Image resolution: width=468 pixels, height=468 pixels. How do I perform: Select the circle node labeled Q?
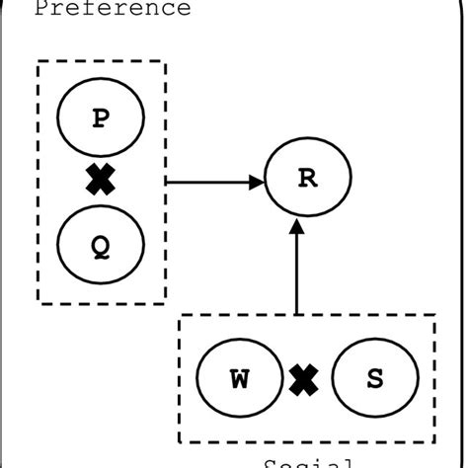click(x=101, y=247)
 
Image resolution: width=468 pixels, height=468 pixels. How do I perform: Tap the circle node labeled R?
click(x=309, y=181)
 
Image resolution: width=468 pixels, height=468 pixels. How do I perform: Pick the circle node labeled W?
click(x=240, y=380)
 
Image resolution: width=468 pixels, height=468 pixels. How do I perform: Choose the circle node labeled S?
click(x=374, y=380)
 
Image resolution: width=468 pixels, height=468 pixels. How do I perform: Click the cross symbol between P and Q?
click(x=101, y=182)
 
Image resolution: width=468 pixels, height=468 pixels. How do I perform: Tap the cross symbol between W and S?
click(x=306, y=380)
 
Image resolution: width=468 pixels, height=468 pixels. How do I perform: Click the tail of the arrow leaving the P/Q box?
click(x=168, y=182)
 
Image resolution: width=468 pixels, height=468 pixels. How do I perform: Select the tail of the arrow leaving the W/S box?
click(x=297, y=314)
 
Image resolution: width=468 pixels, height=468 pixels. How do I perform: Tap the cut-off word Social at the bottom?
click(x=308, y=462)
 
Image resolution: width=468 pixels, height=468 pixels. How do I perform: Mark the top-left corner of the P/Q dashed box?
click(x=37, y=61)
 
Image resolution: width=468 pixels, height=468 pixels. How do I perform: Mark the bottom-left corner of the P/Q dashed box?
click(x=37, y=303)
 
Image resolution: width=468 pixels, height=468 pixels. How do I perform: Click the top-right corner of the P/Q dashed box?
click(x=166, y=61)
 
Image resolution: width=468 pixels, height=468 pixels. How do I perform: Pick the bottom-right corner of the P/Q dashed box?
click(x=166, y=303)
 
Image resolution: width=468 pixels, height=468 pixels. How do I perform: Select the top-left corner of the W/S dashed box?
click(x=179, y=316)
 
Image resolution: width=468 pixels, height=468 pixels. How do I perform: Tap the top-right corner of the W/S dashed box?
click(x=435, y=316)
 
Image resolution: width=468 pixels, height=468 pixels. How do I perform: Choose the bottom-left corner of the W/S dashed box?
click(x=179, y=444)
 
